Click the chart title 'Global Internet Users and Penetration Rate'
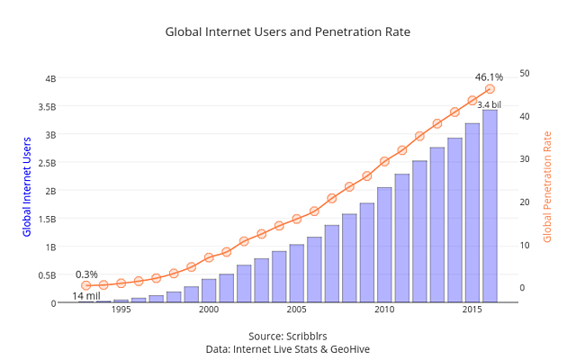[x=287, y=31]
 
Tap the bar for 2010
[x=384, y=245]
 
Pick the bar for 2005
[x=296, y=274]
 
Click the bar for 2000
[x=209, y=291]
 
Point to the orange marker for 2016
[x=490, y=89]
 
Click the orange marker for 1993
[x=85, y=285]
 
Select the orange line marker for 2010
[x=384, y=161]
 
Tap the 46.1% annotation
[x=489, y=77]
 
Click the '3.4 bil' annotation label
[x=489, y=104]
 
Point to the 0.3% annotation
[x=86, y=274]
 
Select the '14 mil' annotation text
[x=86, y=296]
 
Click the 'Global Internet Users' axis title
[x=27, y=186]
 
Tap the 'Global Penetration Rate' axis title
[x=546, y=186]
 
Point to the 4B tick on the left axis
[x=50, y=78]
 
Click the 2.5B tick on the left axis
[x=47, y=162]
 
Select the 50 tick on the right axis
[x=525, y=73]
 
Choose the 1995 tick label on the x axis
[x=121, y=310]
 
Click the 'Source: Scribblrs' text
[x=287, y=336]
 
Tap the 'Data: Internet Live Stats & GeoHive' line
[x=287, y=348]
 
